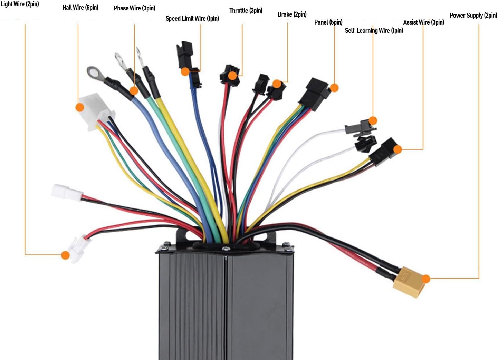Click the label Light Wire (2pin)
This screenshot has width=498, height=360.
tap(20, 4)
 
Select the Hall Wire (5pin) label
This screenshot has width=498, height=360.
tap(80, 7)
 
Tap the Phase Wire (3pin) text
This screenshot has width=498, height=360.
tap(134, 8)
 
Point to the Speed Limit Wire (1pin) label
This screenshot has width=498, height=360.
tap(192, 18)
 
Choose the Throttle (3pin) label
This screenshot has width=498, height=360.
tap(246, 10)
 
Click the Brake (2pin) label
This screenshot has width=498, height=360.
tap(292, 14)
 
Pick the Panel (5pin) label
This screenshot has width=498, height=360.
tap(328, 22)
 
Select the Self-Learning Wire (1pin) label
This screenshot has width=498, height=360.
tap(374, 30)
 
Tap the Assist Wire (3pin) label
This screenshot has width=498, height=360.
tap(423, 22)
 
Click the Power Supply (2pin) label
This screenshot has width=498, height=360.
tap(473, 15)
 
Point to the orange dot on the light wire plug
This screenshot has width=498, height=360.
tap(65, 255)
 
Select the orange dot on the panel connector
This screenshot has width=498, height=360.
tap(334, 88)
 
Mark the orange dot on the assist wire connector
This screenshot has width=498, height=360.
tap(398, 149)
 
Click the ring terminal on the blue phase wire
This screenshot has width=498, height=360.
tap(93, 72)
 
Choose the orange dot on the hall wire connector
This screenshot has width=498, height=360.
tap(80, 107)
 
